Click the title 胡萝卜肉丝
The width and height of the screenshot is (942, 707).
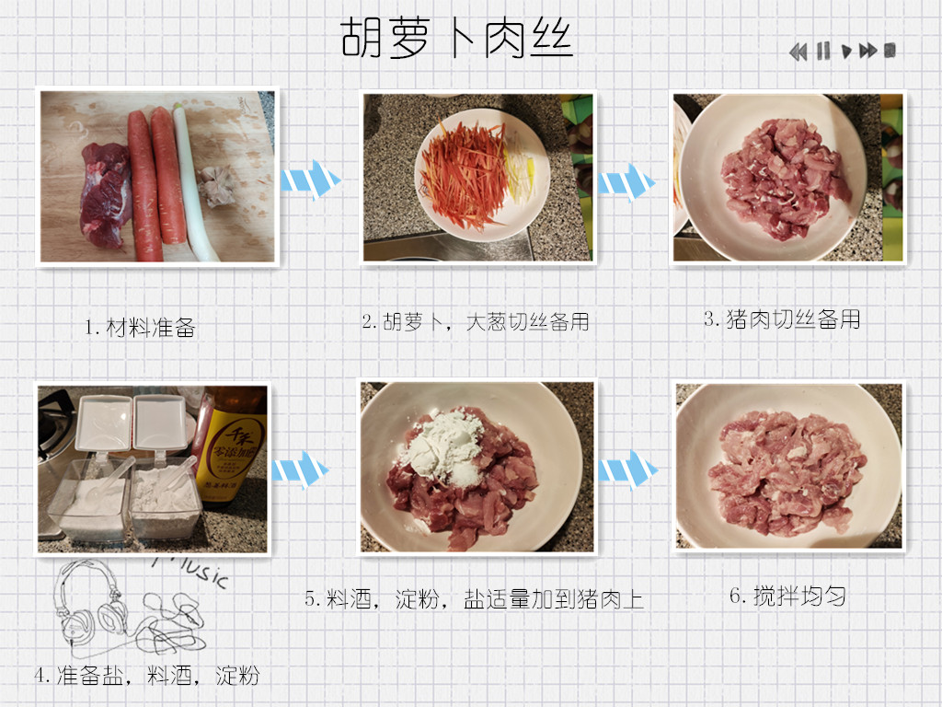pos(456,37)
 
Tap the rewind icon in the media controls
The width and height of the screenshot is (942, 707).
pos(798,52)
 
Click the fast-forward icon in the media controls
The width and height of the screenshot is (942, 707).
pos(868,52)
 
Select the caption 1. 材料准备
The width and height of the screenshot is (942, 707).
pos(140,327)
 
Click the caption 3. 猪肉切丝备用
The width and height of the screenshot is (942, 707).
pos(782,319)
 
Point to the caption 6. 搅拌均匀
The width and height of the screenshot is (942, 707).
pos(787,596)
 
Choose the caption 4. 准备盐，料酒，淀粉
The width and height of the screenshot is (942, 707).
pos(146,676)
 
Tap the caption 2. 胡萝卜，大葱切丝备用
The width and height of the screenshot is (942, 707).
pos(476,321)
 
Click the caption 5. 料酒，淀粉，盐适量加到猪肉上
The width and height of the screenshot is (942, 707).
pos(474,599)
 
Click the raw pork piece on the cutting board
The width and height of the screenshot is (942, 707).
pos(106,195)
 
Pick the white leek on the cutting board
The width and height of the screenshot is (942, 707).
pos(190,180)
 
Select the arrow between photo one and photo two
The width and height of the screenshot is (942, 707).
pos(311,180)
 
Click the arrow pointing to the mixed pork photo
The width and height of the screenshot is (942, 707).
pos(627,469)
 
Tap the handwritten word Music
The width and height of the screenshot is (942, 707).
pos(191,571)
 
